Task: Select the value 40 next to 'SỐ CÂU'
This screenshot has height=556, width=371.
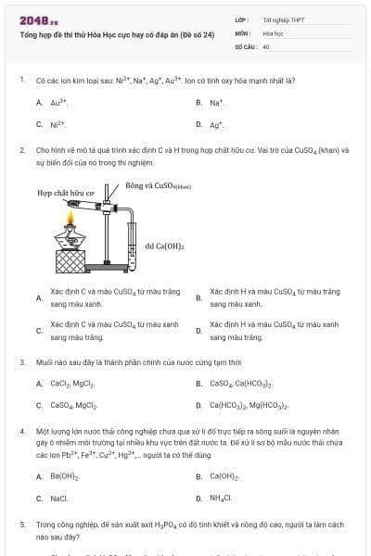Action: tap(266, 45)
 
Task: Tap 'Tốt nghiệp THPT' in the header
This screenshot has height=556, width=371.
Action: tap(284, 19)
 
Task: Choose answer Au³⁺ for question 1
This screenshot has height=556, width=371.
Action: tap(58, 102)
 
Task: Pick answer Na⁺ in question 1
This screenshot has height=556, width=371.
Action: tap(217, 102)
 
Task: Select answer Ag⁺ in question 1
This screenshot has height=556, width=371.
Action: tap(217, 123)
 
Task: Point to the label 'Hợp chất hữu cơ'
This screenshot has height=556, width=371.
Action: tap(65, 194)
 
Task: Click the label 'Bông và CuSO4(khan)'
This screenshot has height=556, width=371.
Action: tap(158, 185)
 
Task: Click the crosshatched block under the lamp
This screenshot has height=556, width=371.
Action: tap(69, 263)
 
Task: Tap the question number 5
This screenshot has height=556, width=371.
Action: tap(22, 524)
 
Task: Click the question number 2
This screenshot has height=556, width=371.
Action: tap(22, 149)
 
